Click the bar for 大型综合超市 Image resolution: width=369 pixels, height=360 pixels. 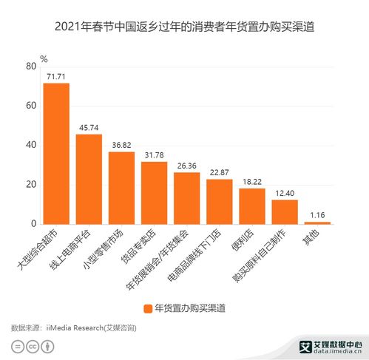[56, 153]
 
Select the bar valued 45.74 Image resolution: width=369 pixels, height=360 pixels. [89, 179]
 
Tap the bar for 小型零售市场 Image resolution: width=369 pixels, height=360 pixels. [122, 188]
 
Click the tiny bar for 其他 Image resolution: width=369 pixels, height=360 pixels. [317, 223]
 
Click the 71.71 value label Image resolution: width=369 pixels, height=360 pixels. [56, 76]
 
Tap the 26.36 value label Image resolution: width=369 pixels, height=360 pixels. [187, 166]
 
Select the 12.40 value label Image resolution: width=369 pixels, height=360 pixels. [285, 193]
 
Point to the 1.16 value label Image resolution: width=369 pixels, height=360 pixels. [317, 215]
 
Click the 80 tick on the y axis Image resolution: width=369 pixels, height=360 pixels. [31, 67]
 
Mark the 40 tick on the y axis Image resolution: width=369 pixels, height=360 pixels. [31, 145]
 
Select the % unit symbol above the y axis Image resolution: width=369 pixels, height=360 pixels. [44, 58]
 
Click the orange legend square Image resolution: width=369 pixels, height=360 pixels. [148, 307]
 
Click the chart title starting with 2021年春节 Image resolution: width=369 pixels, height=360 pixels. [184, 28]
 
